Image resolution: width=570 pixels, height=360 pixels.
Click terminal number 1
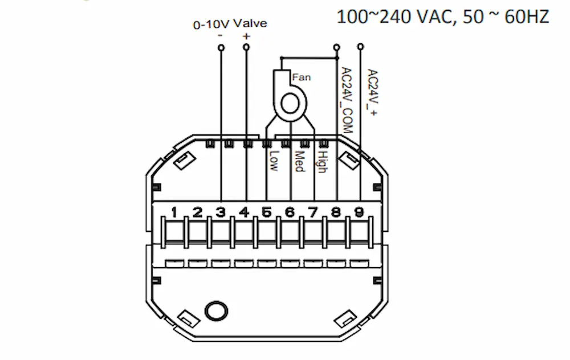click(x=174, y=212)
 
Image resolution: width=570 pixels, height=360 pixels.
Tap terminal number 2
click(x=197, y=212)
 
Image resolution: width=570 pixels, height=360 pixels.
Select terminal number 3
click(x=221, y=212)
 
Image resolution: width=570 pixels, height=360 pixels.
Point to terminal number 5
click(x=267, y=212)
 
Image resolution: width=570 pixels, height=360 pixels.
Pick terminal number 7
click(x=313, y=212)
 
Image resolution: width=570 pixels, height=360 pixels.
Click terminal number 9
click(x=359, y=212)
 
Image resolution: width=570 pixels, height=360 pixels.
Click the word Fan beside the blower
click(x=302, y=77)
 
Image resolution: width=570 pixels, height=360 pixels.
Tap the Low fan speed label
click(x=274, y=161)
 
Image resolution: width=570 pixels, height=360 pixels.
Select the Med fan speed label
click(x=299, y=161)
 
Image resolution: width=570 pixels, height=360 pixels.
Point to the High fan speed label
click(x=323, y=162)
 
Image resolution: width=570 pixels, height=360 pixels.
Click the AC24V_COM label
click(x=347, y=100)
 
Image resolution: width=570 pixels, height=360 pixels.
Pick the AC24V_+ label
click(x=373, y=92)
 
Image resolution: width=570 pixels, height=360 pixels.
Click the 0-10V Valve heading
click(x=230, y=24)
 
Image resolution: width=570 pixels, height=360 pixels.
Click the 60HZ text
click(x=527, y=17)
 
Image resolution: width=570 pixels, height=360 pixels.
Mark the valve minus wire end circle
click(x=221, y=48)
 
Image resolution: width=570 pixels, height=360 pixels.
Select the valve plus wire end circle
click(x=246, y=47)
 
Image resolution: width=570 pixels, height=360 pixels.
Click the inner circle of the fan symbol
click(x=290, y=105)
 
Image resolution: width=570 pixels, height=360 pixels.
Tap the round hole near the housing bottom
click(x=216, y=312)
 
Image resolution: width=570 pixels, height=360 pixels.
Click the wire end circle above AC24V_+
click(x=361, y=47)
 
